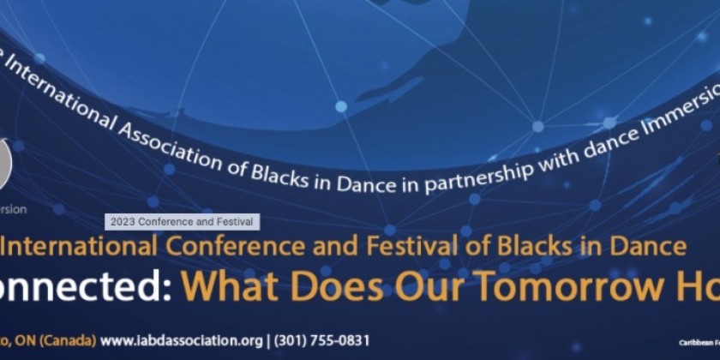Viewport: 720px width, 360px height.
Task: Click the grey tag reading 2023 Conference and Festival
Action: click(x=183, y=221)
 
